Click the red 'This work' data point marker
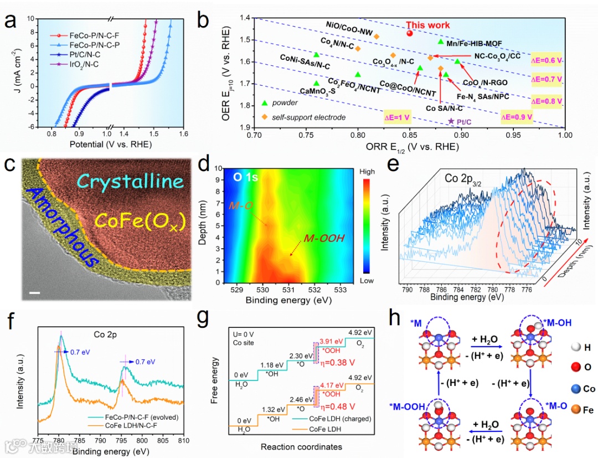[410, 33]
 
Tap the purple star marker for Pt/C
[451, 121]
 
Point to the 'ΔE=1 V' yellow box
[398, 117]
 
